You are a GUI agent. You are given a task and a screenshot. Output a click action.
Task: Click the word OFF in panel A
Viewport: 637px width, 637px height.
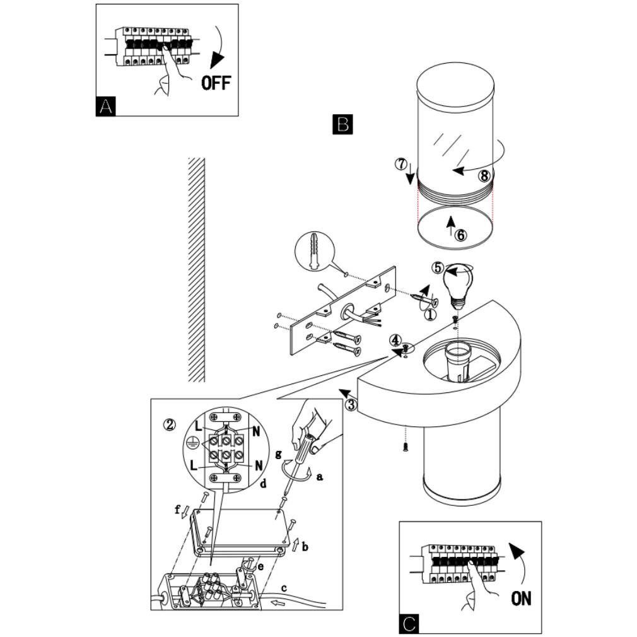tap(216, 82)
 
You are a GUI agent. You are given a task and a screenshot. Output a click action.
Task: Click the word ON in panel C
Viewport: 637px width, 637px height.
tap(521, 597)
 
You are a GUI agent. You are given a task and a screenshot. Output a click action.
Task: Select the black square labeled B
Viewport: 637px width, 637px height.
tap(342, 124)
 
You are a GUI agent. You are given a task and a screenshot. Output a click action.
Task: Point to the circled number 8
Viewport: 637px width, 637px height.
tap(483, 176)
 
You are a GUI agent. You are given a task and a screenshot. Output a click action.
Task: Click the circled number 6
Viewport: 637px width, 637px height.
tap(461, 235)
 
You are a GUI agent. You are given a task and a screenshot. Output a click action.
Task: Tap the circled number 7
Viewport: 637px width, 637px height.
tap(400, 164)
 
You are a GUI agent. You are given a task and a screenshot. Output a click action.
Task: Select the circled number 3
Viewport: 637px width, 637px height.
tap(351, 404)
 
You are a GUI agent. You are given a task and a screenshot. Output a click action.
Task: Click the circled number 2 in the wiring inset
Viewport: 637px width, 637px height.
tap(169, 424)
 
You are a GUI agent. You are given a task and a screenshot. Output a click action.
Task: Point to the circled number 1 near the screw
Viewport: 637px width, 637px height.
tap(430, 313)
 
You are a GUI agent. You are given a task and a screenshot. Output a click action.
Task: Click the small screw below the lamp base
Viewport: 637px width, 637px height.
tap(404, 447)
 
